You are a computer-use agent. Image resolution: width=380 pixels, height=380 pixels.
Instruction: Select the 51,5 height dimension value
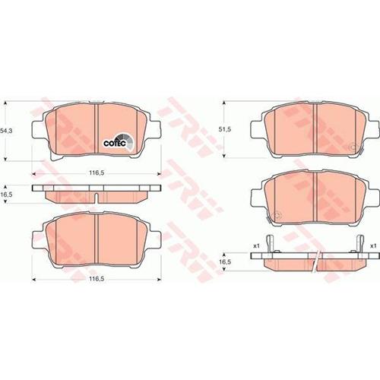coord(225,129)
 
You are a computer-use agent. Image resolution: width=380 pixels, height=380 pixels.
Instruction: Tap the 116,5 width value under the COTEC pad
coord(97,173)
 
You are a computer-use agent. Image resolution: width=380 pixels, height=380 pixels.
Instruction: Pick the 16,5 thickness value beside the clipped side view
coord(224,261)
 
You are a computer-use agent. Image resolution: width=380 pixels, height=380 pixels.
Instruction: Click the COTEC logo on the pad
coord(118,143)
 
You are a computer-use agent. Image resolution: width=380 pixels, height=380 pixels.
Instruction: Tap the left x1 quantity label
coord(257,246)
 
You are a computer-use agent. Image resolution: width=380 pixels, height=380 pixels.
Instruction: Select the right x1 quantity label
coord(373,246)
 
